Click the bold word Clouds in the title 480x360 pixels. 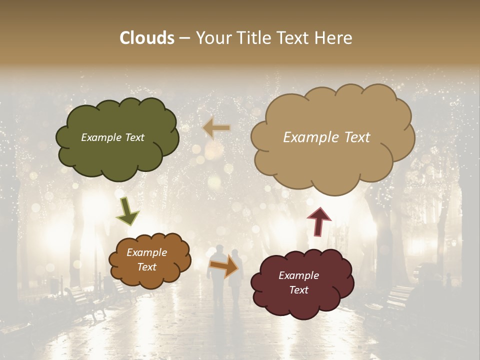(147, 38)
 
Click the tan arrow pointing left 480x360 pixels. (216, 128)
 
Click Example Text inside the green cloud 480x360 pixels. (112, 137)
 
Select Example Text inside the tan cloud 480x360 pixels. (326, 137)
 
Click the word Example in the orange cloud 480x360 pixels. (146, 253)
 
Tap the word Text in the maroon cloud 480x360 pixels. (298, 290)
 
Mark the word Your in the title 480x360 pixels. (212, 38)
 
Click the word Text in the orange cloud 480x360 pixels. (146, 267)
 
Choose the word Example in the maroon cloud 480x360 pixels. (298, 275)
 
